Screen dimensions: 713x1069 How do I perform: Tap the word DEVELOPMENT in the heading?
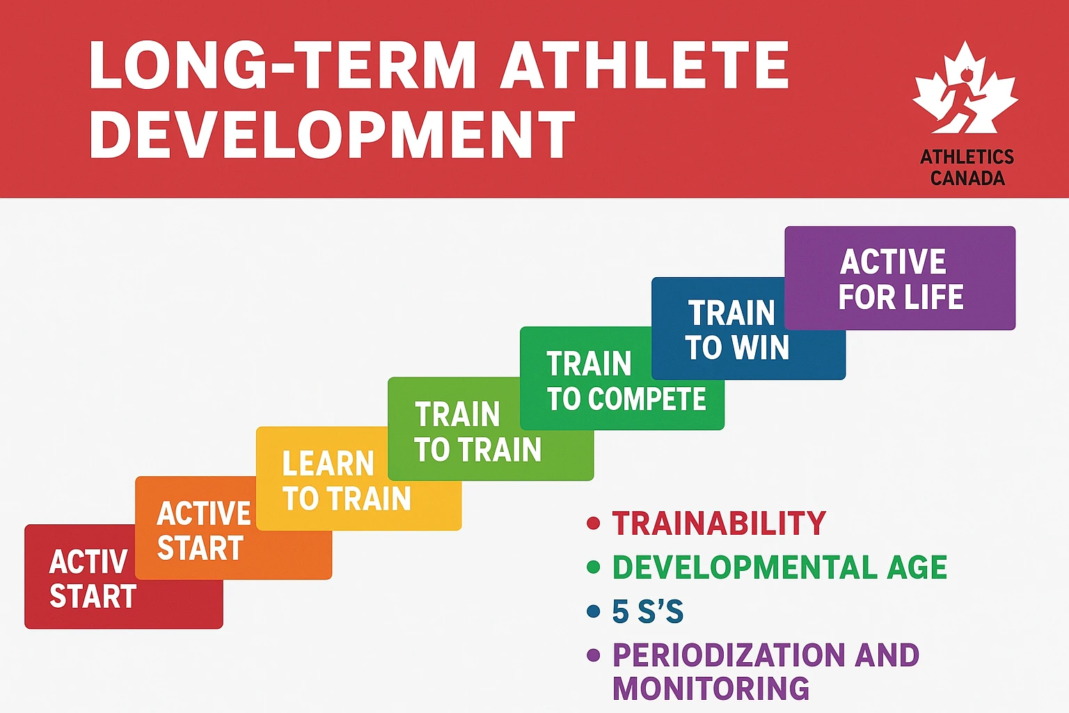click(332, 135)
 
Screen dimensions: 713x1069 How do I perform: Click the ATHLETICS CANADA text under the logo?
click(967, 167)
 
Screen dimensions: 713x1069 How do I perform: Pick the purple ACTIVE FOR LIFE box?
click(900, 279)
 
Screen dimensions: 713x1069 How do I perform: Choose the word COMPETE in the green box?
click(647, 400)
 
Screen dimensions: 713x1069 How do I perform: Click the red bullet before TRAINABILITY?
click(594, 523)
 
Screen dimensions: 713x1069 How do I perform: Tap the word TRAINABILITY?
click(719, 523)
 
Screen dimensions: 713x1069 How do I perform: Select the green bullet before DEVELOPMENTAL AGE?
click(594, 567)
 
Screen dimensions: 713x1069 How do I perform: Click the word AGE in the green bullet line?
click(917, 567)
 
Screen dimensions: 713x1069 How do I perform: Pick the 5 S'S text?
click(647, 612)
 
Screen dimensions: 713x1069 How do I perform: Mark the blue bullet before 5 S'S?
click(594, 612)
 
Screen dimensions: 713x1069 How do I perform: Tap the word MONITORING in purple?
click(711, 689)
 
